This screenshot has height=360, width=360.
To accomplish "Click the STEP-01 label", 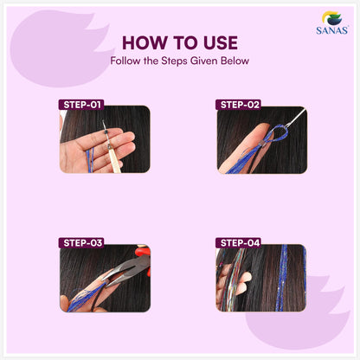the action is (x=81, y=105).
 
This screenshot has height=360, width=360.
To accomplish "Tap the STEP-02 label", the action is (x=239, y=105).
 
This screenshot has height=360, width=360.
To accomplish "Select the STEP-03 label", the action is (x=81, y=242).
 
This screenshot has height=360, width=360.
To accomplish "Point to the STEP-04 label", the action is (x=239, y=242).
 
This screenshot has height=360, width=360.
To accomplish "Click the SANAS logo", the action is (x=332, y=22).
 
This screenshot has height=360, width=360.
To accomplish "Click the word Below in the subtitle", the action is (x=235, y=61).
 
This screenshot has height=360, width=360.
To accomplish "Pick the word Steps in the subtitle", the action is (x=175, y=61).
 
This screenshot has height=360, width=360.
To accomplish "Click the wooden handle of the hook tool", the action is (x=115, y=159).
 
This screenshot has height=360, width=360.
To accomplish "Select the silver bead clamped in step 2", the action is (x=262, y=144).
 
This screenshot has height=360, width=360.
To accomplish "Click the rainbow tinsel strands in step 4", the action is (x=233, y=278).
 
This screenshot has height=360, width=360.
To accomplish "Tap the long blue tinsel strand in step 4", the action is (x=281, y=278).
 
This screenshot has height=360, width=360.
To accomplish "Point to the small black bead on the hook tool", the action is (x=106, y=132).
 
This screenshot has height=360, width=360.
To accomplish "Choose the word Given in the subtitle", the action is (x=204, y=61).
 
